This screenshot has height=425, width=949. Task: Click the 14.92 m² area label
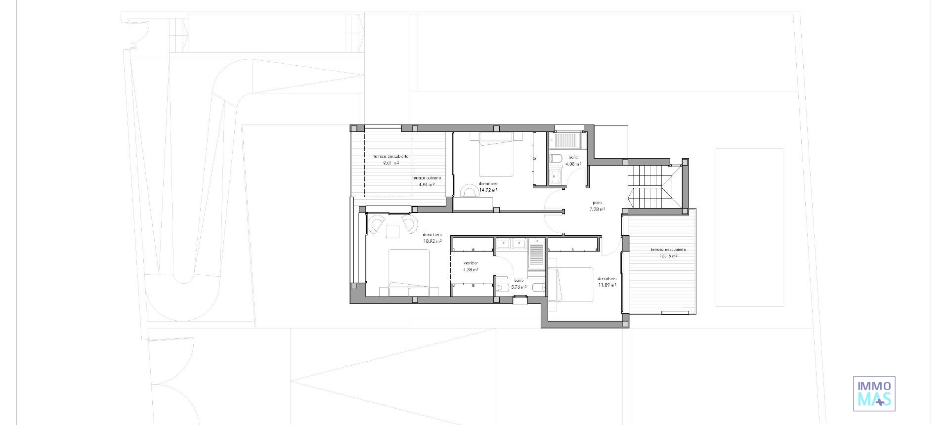click(x=488, y=190)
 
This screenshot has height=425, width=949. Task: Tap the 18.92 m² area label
click(x=432, y=242)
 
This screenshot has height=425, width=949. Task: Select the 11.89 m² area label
click(x=607, y=285)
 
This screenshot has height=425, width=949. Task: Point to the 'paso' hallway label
click(x=597, y=203)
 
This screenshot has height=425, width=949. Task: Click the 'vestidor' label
click(x=471, y=263)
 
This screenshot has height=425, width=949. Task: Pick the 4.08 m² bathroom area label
click(x=573, y=164)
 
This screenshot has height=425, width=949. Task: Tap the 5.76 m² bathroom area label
click(x=518, y=287)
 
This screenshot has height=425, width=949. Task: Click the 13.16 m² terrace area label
click(x=668, y=256)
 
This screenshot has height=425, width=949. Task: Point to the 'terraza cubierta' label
click(x=427, y=178)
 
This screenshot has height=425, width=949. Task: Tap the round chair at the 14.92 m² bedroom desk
click(x=467, y=190)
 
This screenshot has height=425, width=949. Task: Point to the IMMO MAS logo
click(x=874, y=394)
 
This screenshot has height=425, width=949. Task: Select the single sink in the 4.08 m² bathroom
click(x=555, y=175)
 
